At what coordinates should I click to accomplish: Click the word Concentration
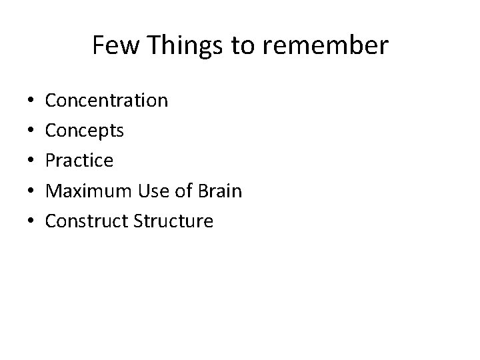[x=106, y=101]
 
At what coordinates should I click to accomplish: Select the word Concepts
[x=84, y=131]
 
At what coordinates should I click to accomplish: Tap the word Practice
[x=79, y=161]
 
